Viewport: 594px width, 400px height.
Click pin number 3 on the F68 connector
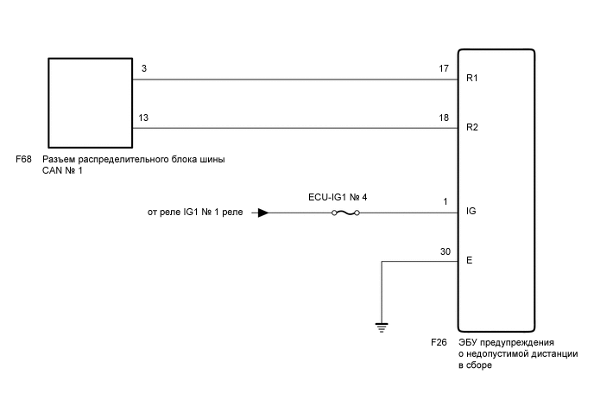(x=143, y=68)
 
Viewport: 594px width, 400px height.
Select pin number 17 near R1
(x=445, y=68)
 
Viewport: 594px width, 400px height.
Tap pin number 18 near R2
(x=445, y=117)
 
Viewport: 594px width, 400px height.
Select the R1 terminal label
(x=472, y=79)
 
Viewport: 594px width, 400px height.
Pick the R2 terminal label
(x=472, y=128)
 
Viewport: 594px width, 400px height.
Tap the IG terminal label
(x=471, y=212)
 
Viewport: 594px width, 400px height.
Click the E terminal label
(x=469, y=260)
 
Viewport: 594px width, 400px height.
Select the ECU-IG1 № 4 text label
(x=338, y=197)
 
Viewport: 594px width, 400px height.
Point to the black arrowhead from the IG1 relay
(x=263, y=212)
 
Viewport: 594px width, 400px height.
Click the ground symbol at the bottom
(x=382, y=326)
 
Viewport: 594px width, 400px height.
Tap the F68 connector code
(x=24, y=160)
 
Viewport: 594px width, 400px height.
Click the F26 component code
(x=439, y=343)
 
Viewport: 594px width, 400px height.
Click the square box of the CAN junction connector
(x=90, y=103)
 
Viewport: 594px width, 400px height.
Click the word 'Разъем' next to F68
(x=60, y=160)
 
